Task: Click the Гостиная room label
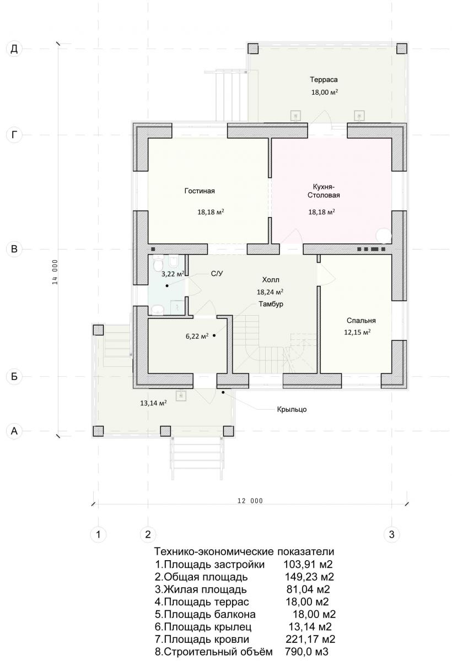click(x=200, y=191)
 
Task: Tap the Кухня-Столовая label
click(x=324, y=191)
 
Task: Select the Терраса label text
click(x=324, y=80)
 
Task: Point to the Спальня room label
click(x=361, y=321)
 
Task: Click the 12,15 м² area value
click(x=357, y=332)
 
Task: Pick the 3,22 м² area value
click(x=173, y=274)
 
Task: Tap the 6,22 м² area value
click(x=197, y=336)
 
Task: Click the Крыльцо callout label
click(x=292, y=410)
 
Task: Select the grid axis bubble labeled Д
click(x=14, y=49)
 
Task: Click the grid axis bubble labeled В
click(x=14, y=249)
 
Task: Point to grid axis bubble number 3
click(x=391, y=534)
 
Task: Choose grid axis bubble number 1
click(x=98, y=534)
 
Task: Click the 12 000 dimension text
click(x=250, y=501)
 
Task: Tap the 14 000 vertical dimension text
click(x=55, y=272)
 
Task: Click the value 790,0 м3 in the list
click(x=306, y=652)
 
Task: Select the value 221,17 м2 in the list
click(x=310, y=639)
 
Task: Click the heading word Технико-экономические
click(x=214, y=551)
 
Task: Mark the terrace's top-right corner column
click(x=401, y=48)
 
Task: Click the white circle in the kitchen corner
click(x=384, y=236)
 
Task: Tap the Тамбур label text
click(x=271, y=304)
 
